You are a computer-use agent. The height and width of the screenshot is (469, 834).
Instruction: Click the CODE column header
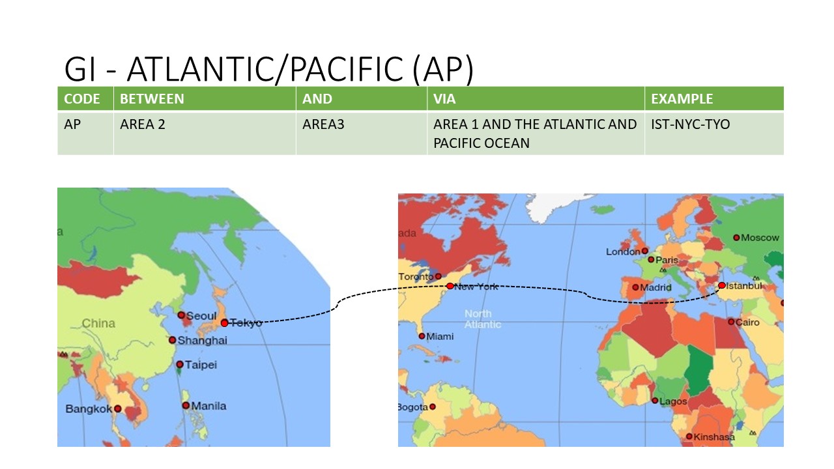[x=82, y=99]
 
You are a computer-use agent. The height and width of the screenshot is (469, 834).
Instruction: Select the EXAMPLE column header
[x=682, y=99]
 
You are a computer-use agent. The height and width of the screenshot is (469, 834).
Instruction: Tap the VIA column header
[x=444, y=99]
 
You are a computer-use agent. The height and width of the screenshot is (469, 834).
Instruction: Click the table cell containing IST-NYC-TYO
[x=690, y=124]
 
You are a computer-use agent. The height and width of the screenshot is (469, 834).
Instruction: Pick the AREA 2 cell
[x=143, y=124]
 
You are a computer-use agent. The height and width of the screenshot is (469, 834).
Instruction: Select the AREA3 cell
[x=323, y=124]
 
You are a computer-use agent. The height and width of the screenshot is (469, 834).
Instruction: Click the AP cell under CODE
[x=72, y=124]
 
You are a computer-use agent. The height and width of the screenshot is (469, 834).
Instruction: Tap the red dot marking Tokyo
[x=224, y=322]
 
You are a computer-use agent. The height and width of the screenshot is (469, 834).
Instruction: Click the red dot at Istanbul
[x=722, y=285]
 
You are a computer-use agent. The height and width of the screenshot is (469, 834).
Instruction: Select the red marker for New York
[x=450, y=286]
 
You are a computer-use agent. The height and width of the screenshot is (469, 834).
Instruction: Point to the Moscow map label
[x=760, y=238]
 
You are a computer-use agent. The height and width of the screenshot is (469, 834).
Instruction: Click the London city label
[x=623, y=251]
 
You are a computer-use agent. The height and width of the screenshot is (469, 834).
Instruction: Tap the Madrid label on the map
[x=656, y=287]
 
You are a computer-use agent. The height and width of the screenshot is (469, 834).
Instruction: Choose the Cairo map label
[x=747, y=322]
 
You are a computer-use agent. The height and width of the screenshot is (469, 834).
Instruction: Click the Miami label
[x=440, y=336]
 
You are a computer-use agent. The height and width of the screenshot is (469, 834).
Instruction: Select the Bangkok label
[x=89, y=409]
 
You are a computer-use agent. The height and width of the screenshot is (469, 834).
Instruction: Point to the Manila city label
[x=208, y=406]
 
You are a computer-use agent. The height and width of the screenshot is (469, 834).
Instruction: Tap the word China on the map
[x=98, y=323]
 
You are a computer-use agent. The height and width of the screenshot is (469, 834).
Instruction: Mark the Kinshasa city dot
[x=689, y=436]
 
